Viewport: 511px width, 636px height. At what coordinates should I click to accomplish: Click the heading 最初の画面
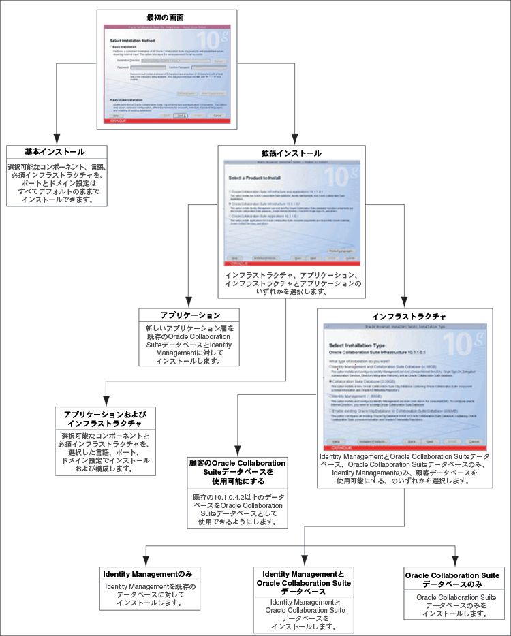(x=165, y=16)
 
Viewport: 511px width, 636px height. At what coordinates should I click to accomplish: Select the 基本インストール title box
(x=55, y=151)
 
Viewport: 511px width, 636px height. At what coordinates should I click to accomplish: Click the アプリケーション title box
(x=190, y=316)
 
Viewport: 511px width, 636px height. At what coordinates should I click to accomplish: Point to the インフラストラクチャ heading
(x=409, y=317)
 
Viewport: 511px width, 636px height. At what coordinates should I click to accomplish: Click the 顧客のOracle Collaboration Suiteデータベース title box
(x=237, y=471)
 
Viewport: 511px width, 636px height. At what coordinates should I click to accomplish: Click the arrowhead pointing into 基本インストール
(x=55, y=138)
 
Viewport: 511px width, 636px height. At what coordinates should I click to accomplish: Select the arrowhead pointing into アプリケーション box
(x=189, y=302)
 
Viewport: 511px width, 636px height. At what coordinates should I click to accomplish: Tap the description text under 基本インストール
(x=55, y=183)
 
